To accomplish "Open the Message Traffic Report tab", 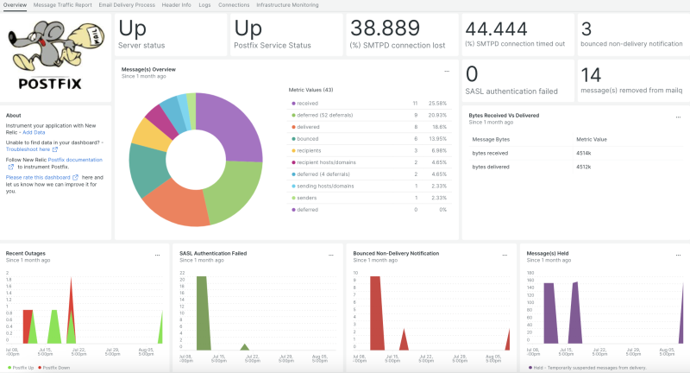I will coord(63,4).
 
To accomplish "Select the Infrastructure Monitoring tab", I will coord(287,4).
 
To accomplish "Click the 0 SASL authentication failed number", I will coord(473,75).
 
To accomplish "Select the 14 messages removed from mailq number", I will coord(591,75).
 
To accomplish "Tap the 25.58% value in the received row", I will coord(439,103).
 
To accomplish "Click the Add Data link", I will coord(34,132).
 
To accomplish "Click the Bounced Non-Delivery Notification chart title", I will coord(396,253).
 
